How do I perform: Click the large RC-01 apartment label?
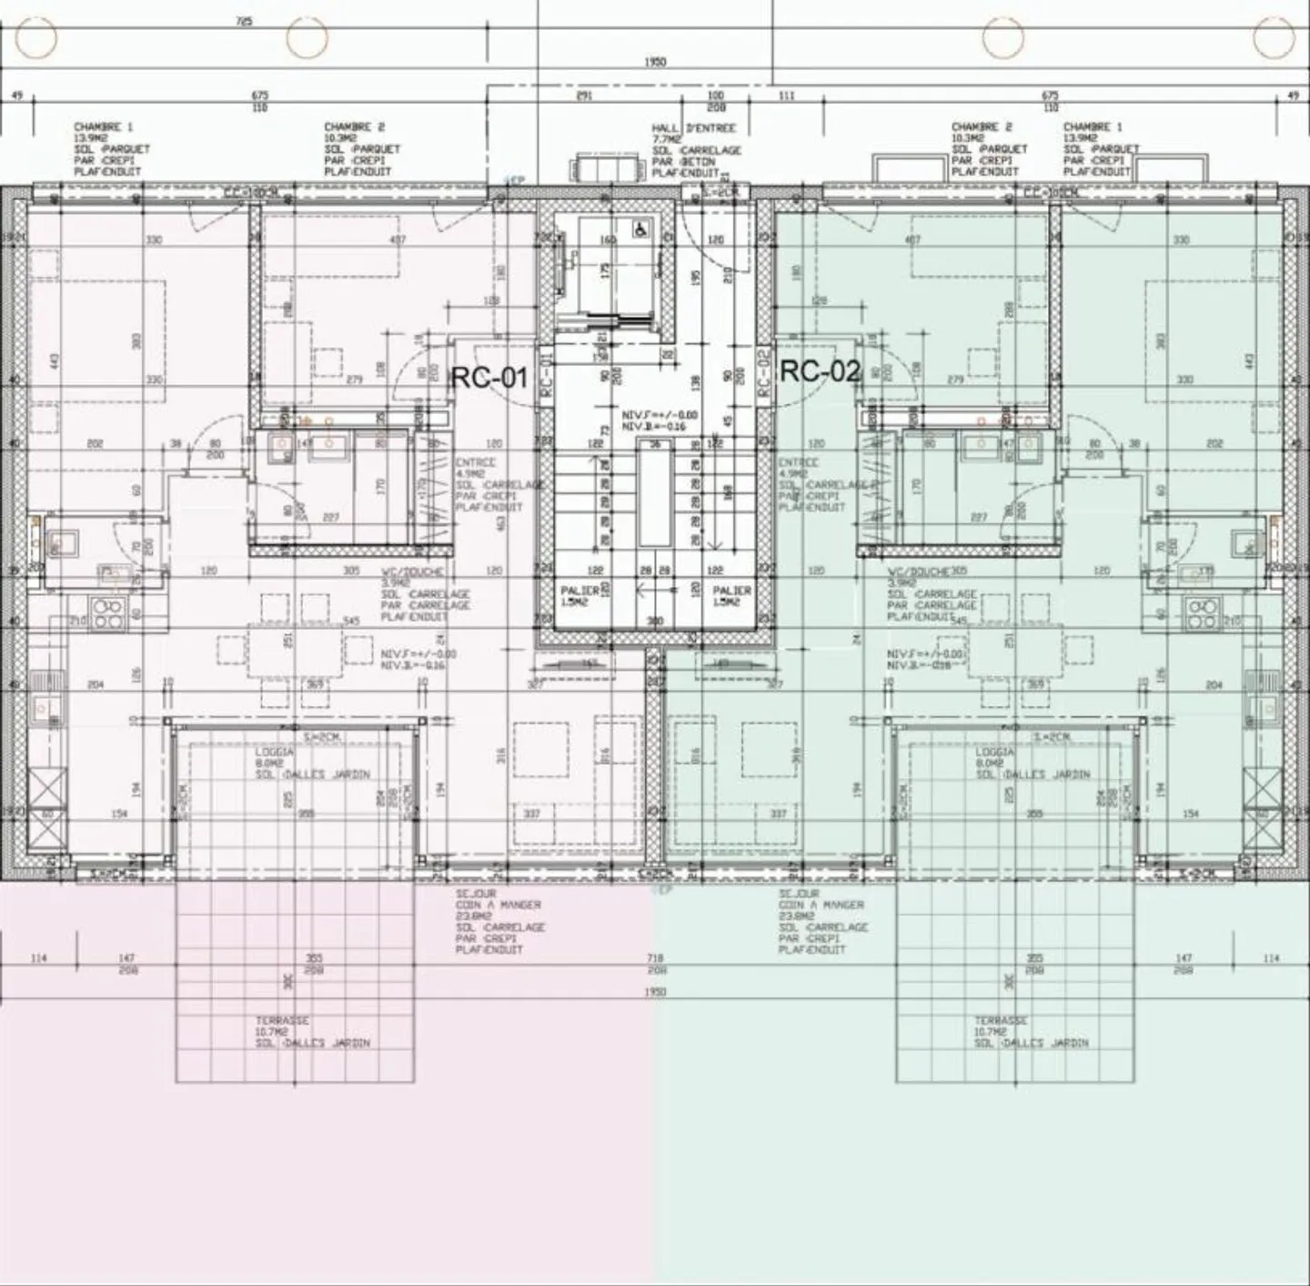pyautogui.click(x=489, y=377)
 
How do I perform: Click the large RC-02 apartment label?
pyautogui.click(x=820, y=370)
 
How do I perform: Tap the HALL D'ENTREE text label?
pyautogui.click(x=693, y=128)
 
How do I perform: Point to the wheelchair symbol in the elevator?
pyautogui.click(x=640, y=229)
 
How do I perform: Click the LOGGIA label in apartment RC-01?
pyautogui.click(x=274, y=753)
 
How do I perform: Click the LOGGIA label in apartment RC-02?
pyautogui.click(x=994, y=753)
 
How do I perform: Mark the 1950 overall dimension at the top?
pyautogui.click(x=655, y=62)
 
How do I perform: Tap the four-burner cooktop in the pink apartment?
pyautogui.click(x=108, y=615)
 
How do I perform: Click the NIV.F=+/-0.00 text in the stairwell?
pyautogui.click(x=660, y=414)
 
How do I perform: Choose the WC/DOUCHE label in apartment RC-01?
pyautogui.click(x=412, y=572)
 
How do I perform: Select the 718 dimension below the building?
pyautogui.click(x=655, y=958)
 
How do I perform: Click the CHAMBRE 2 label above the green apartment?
pyautogui.click(x=981, y=127)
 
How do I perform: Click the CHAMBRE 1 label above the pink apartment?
pyautogui.click(x=103, y=127)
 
